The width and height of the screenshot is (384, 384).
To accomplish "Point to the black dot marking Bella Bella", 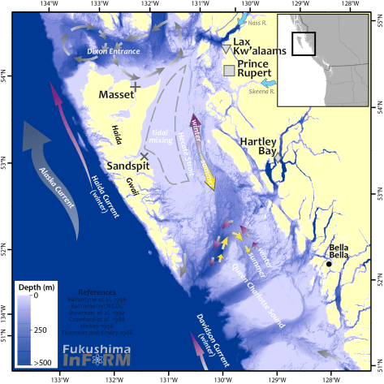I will point(330,264).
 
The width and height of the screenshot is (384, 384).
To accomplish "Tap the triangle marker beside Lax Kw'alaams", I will point(226,50).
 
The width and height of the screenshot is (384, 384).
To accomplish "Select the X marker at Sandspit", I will point(145,156).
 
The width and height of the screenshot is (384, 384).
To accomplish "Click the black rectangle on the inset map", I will point(304,45).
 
